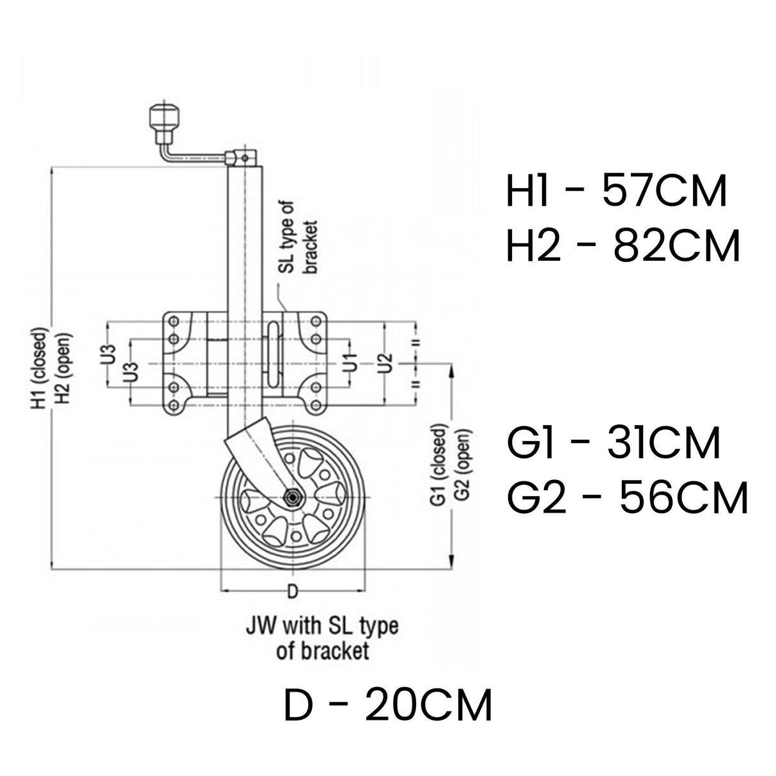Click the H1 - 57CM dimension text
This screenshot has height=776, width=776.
[616, 192]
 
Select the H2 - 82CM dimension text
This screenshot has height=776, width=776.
[623, 247]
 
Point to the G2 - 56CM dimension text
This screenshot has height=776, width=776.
[627, 498]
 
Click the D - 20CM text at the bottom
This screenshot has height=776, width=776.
[388, 706]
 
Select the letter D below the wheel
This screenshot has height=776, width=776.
[291, 591]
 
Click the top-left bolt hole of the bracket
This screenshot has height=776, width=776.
[171, 319]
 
